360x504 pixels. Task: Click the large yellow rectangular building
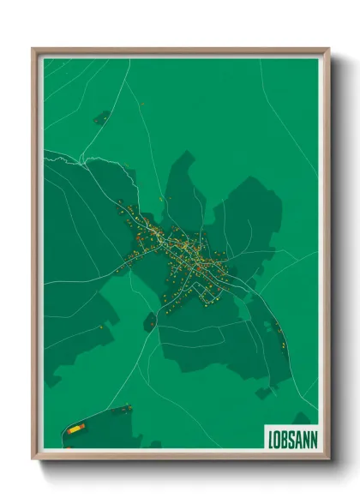click(75, 427)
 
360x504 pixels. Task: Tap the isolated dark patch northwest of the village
click(101, 117)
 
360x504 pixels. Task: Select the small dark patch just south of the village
click(150, 321)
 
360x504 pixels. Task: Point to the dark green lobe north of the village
click(183, 184)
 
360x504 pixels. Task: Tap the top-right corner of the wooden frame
click(328, 49)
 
